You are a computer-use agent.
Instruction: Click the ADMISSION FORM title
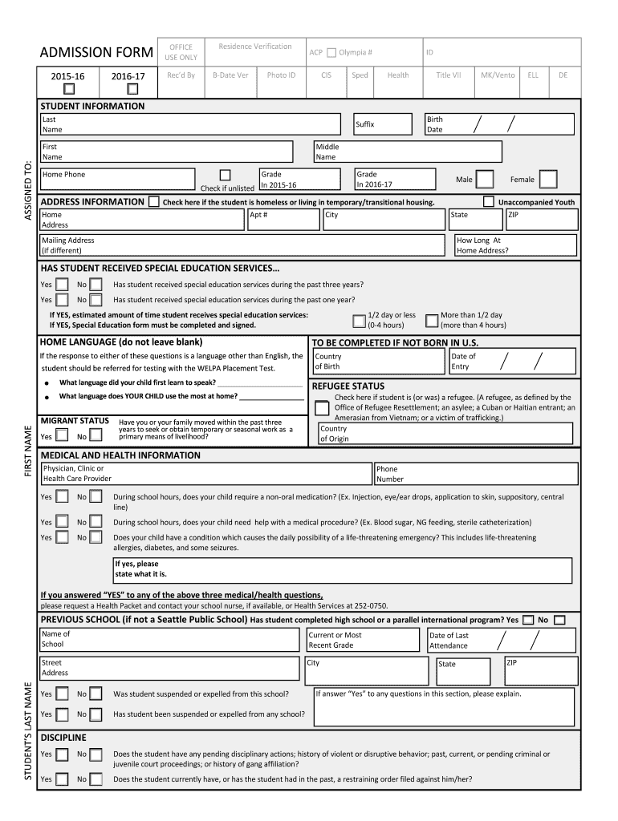tap(96, 53)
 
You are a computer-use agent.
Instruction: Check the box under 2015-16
tap(69, 88)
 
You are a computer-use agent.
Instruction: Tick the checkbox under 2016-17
tap(132, 88)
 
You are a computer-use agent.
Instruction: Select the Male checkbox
tap(485, 179)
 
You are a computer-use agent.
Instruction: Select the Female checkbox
tap(547, 179)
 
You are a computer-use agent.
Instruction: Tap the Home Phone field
tap(128, 180)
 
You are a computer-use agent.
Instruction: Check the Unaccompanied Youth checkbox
tap(488, 201)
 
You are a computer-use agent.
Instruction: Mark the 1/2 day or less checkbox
tap(359, 321)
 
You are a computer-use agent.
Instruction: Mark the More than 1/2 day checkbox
tap(432, 321)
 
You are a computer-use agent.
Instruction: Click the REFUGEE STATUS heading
tap(348, 386)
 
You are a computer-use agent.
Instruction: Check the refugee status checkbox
tap(322, 408)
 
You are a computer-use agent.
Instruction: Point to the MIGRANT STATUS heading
tap(75, 421)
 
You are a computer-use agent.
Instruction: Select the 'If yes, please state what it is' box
tap(341, 570)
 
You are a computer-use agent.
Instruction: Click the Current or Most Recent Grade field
tap(364, 640)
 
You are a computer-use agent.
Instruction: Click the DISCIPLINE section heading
tap(63, 737)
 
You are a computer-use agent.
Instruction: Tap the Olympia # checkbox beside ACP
tap(331, 53)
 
